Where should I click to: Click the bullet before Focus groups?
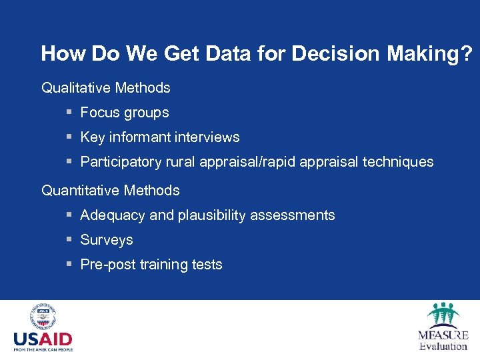point(69,113)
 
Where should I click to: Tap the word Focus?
point(98,113)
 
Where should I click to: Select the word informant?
point(141,137)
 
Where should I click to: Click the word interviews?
point(207,137)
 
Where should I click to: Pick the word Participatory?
point(117,162)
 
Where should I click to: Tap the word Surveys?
point(107,240)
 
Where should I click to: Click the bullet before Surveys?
point(69,240)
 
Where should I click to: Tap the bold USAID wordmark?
point(43,339)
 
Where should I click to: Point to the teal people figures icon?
point(443,313)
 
